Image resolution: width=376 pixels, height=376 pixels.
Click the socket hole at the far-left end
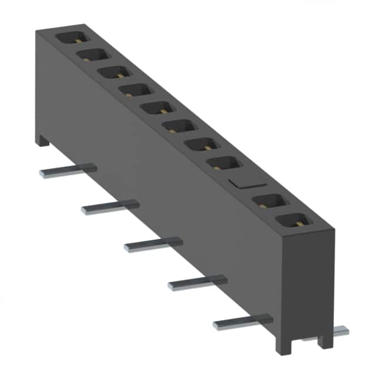[72, 37]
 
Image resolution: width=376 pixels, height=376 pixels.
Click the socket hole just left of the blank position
[224, 163]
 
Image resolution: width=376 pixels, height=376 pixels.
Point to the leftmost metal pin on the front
[67, 171]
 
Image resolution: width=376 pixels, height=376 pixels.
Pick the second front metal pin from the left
[109, 207]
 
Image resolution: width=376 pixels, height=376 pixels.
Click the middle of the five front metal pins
[153, 244]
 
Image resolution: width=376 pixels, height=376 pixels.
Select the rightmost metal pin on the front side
[242, 321]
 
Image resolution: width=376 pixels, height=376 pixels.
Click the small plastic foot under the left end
[42, 140]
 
